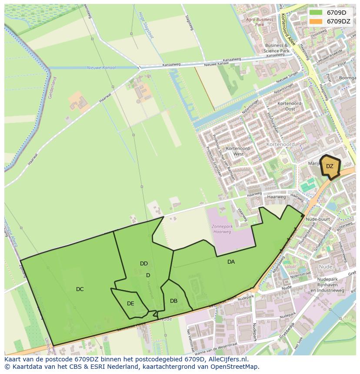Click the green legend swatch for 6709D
click(x=316, y=13)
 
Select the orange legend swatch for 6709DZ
click(x=316, y=21)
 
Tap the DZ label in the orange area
click(x=330, y=166)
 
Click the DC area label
click(x=80, y=289)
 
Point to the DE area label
click(x=130, y=304)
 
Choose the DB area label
click(x=173, y=301)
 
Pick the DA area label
click(x=231, y=262)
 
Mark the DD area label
click(x=144, y=264)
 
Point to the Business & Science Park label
click(x=277, y=48)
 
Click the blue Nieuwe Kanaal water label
click(x=101, y=68)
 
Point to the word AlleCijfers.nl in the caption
click(x=227, y=360)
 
